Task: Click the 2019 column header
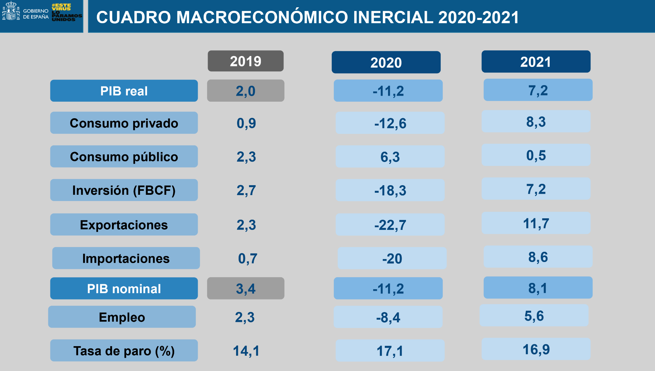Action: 245,61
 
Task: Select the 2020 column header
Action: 386,62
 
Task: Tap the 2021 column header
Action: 535,62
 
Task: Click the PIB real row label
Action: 124,91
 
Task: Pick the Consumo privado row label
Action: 124,123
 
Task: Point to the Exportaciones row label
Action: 124,225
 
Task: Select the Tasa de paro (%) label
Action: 124,350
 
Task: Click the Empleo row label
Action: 122,317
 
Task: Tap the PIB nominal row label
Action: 124,289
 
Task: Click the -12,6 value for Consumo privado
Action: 390,123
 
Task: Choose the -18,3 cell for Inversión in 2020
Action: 390,190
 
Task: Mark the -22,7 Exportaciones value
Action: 390,225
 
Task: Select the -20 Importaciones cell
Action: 392,258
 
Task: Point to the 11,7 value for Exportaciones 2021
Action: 536,223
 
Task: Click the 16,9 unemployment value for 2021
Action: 536,349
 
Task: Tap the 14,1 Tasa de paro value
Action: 246,351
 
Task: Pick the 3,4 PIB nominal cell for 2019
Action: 245,289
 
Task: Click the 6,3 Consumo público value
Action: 390,157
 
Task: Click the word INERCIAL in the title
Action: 393,17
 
